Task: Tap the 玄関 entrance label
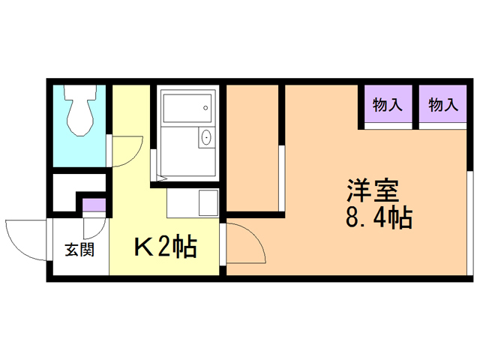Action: point(79,250)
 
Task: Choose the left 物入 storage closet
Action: point(388,106)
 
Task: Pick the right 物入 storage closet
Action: point(443,106)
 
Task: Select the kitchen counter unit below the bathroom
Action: point(192,202)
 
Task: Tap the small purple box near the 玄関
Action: point(94,204)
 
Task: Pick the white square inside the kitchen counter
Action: point(206,202)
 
